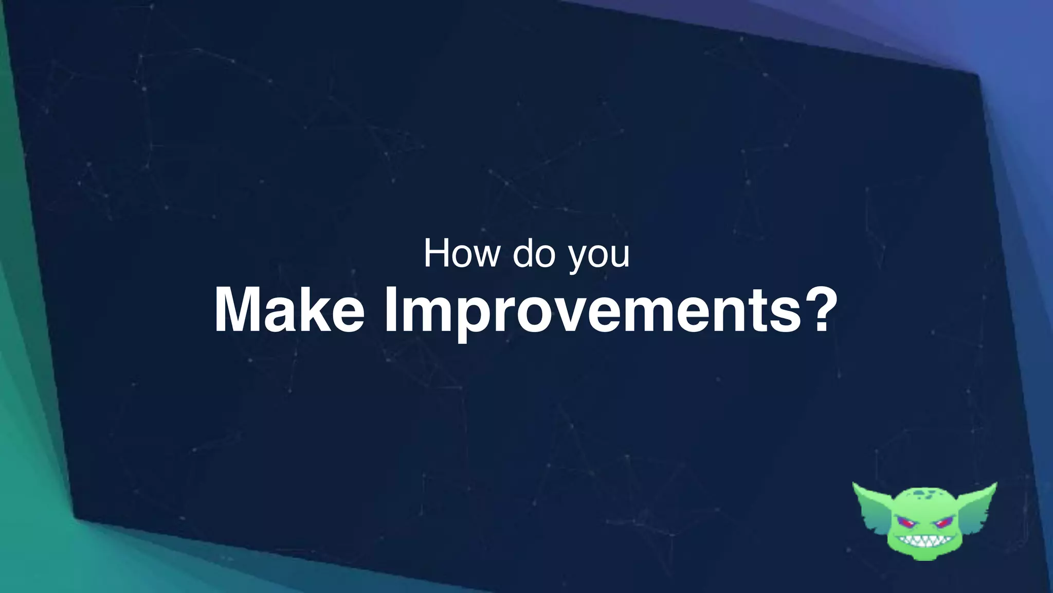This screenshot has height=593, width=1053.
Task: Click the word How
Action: (461, 253)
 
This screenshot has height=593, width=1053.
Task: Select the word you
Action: (598, 255)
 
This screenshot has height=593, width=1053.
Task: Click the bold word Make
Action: (289, 311)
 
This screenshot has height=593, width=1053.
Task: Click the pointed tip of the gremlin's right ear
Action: (995, 485)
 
